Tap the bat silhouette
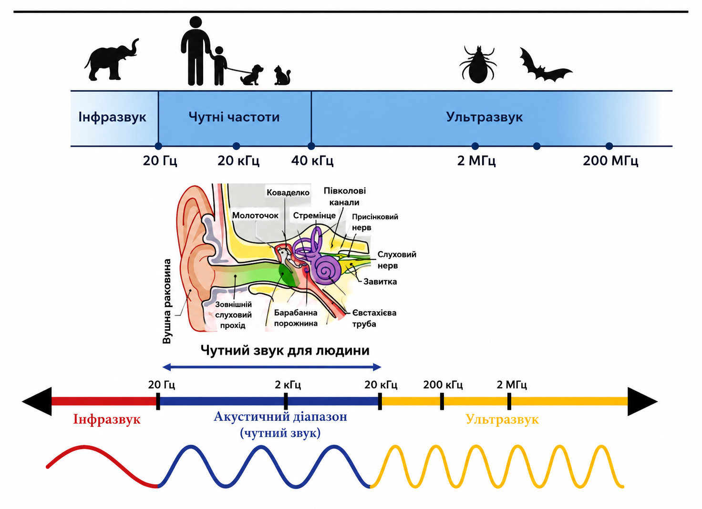pyautogui.click(x=545, y=66)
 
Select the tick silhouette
pyautogui.click(x=477, y=64)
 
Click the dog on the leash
pyautogui.click(x=252, y=75)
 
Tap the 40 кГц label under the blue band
pyautogui.click(x=312, y=161)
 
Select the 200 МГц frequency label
pyautogui.click(x=610, y=161)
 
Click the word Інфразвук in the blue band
pyautogui.click(x=112, y=117)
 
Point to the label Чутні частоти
pyautogui.click(x=234, y=117)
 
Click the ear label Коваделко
pyautogui.click(x=288, y=193)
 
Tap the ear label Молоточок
pyautogui.click(x=255, y=215)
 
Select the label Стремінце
pyautogui.click(x=314, y=215)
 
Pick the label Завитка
pyautogui.click(x=380, y=282)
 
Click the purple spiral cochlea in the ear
pyautogui.click(x=328, y=269)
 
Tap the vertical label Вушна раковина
pyautogui.click(x=167, y=301)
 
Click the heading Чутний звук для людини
pyautogui.click(x=285, y=350)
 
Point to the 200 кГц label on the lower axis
pyautogui.click(x=443, y=385)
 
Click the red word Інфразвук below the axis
pyautogui.click(x=107, y=419)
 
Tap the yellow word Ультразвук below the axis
pyautogui.click(x=502, y=419)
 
